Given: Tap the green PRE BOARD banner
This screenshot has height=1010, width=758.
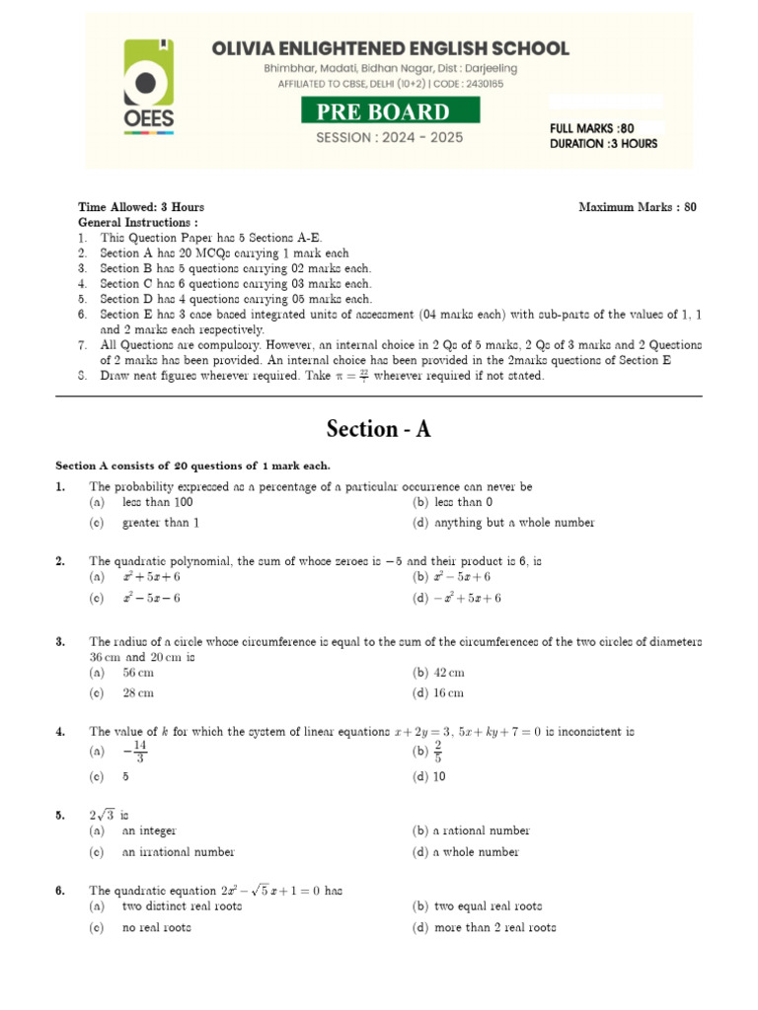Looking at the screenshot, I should click(392, 111).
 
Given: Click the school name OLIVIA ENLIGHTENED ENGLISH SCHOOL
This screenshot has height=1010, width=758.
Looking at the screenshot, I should click(389, 48).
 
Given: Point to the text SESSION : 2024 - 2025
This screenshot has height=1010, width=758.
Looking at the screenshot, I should click(389, 137).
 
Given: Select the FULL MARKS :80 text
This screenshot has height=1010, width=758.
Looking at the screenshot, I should click(591, 128).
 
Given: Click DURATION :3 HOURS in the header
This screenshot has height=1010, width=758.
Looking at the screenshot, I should click(603, 144).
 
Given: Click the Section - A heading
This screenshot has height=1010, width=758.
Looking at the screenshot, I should click(379, 429).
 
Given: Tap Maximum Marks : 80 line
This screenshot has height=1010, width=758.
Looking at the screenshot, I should click(637, 207).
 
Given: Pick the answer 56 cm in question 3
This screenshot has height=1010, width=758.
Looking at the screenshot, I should click(138, 673).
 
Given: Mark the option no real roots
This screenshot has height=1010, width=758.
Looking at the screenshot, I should click(156, 927).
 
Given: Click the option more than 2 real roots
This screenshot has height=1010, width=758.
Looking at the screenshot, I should click(494, 927).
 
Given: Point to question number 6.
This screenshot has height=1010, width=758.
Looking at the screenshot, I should click(60, 891).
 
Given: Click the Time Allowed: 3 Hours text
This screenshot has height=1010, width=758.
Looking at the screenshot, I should click(141, 207).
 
